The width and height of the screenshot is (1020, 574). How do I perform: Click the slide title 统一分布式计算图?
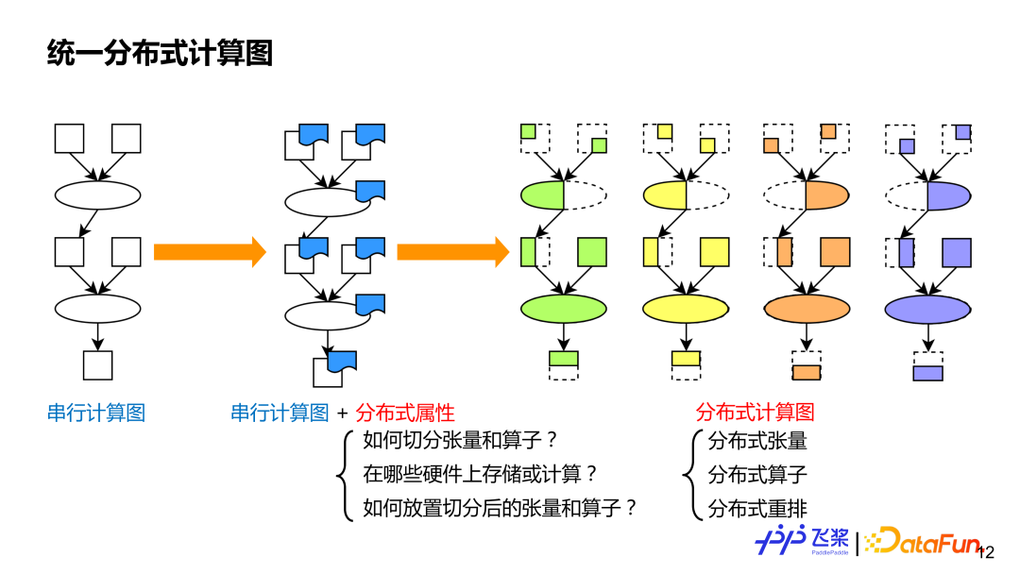coord(160,54)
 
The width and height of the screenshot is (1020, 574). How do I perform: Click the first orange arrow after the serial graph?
coord(210,252)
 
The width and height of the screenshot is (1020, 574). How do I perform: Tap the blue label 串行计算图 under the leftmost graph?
coord(96,413)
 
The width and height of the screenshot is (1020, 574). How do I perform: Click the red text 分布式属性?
coord(405,413)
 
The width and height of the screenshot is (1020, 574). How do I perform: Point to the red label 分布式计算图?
coord(755,413)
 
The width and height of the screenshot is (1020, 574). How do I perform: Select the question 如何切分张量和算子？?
coord(461,441)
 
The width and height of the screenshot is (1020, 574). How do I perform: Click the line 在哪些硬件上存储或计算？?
coord(481,474)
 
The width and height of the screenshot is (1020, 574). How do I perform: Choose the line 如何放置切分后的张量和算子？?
coord(501,508)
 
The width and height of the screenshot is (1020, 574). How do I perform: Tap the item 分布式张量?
coord(757,441)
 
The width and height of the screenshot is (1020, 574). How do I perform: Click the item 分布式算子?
coord(757,474)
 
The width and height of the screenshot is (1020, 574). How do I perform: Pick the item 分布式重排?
coord(757,508)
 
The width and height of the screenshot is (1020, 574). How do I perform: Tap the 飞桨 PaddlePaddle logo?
coord(802,541)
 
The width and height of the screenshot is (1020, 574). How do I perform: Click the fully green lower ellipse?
coord(564,309)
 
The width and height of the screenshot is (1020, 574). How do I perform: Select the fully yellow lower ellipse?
coord(686,309)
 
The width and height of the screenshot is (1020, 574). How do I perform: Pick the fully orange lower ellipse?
coord(807,309)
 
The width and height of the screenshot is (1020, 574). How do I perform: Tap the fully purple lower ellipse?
coord(927,309)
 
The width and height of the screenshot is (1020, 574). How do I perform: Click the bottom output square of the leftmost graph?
coord(98,365)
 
